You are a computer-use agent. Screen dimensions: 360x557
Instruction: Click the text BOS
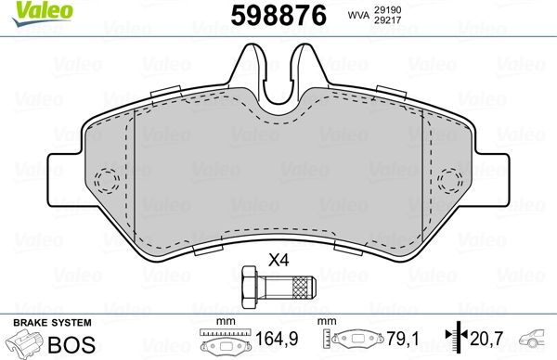[x=67, y=343]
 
